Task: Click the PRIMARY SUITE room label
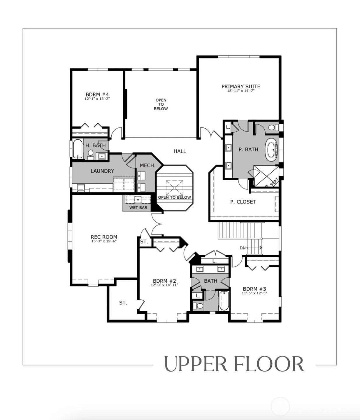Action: [241, 87]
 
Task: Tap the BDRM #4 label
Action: [97, 94]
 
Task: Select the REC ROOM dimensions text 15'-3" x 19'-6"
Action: [104, 242]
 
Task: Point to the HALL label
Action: [180, 151]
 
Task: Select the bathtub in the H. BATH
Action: [77, 149]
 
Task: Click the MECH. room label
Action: [147, 166]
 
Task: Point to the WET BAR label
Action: [138, 208]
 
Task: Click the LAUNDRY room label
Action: [102, 171]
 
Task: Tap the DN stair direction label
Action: [243, 248]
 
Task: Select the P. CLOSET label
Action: [243, 202]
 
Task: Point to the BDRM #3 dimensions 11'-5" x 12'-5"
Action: [254, 293]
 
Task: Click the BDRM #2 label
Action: [164, 281]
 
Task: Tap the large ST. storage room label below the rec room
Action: [123, 303]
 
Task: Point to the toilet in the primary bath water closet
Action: [272, 127]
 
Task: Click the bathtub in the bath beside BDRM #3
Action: [224, 301]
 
